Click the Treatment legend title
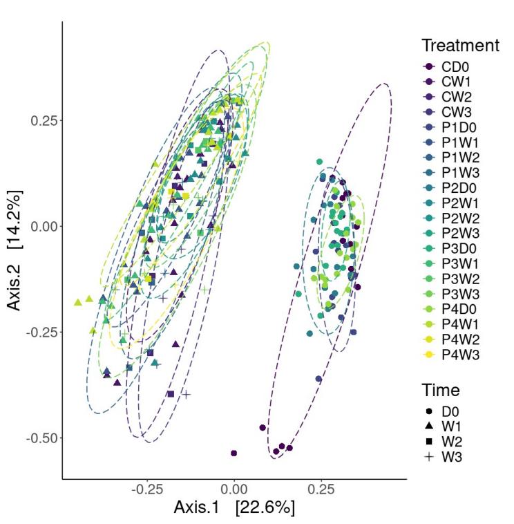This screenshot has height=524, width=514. [x=460, y=46]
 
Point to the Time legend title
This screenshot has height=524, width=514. [x=440, y=390]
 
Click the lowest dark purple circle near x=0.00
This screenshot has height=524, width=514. [x=234, y=453]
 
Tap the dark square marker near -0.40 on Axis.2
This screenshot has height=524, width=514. [x=170, y=394]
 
